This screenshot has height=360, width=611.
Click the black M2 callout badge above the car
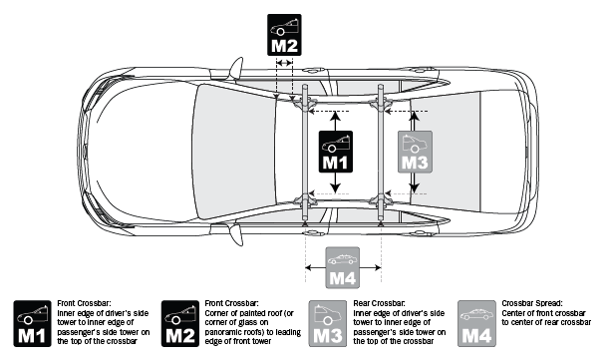tap(285, 34)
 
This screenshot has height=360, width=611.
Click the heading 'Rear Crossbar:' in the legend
tap(380, 301)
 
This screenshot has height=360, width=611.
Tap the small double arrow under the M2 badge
tap(285, 62)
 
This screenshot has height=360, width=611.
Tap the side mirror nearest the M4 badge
tap(237, 237)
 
